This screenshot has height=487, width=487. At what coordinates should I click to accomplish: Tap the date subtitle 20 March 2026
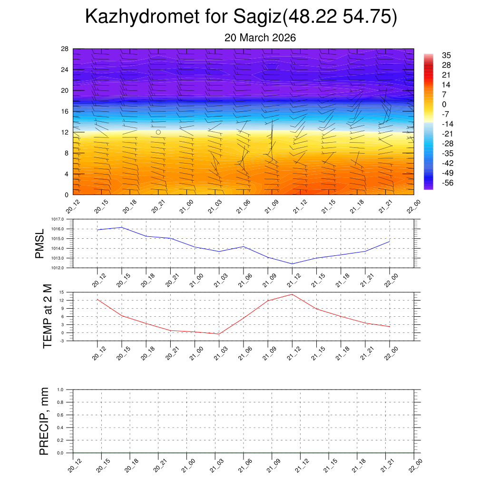click(x=260, y=38)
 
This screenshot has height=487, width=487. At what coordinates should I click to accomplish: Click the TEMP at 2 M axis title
click(x=47, y=316)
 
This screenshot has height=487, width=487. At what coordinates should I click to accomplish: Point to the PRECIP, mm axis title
click(x=44, y=421)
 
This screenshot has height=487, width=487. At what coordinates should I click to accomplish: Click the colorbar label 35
click(x=446, y=55)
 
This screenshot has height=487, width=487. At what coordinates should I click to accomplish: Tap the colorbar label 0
click(x=444, y=105)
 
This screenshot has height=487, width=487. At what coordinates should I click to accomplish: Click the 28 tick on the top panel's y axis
click(x=65, y=49)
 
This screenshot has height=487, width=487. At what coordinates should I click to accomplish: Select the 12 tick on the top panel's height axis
click(x=65, y=132)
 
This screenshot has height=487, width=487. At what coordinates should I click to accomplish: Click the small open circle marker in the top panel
click(x=158, y=132)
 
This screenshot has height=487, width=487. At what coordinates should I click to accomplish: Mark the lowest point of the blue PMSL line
click(x=292, y=264)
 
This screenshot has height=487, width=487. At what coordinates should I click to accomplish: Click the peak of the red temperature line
click(x=292, y=294)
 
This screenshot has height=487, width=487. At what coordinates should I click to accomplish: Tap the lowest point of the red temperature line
click(x=219, y=334)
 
